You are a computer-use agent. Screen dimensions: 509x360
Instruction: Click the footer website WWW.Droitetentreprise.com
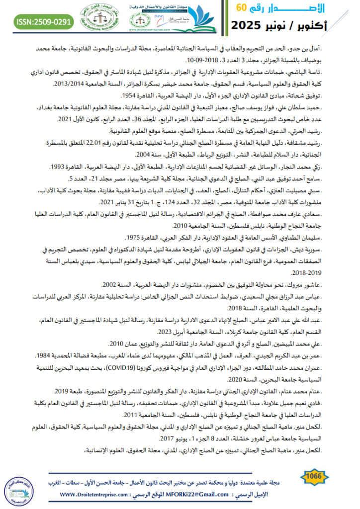(x=97, y=495)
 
